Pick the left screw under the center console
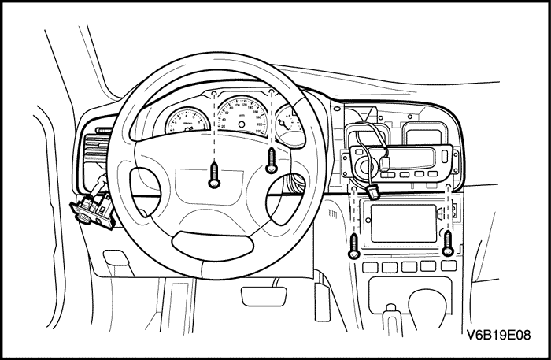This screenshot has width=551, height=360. point(355,247)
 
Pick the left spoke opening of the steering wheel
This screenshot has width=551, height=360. point(146,183)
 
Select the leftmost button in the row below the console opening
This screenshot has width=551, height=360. point(368,267)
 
